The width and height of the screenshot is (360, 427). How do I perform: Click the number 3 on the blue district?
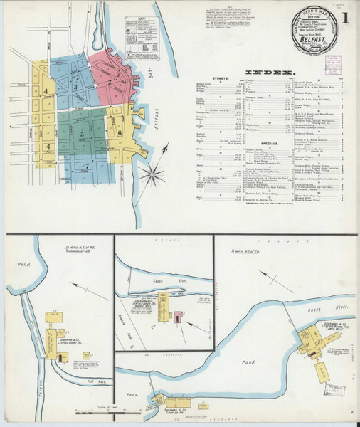(75, 87)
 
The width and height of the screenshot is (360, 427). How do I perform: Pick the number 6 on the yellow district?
(120, 132)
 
